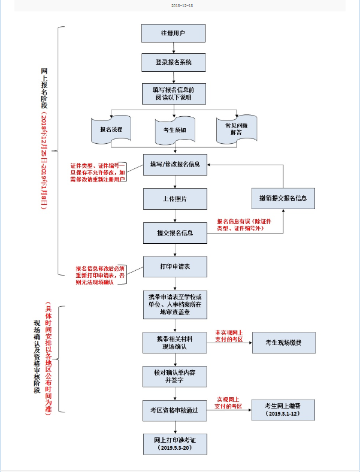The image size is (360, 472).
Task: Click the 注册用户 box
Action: [173, 33]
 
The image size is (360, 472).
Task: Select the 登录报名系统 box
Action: [173, 62]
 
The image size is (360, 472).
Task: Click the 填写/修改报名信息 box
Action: [175, 164]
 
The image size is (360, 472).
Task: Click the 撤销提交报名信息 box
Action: [283, 198]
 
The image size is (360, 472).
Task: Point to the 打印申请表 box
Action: [175, 267]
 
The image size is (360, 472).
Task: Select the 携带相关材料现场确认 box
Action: [175, 343]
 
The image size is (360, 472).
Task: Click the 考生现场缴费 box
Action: [283, 342]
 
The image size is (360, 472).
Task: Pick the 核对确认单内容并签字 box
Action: [175, 376]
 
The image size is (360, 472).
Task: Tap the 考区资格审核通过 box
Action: [175, 410]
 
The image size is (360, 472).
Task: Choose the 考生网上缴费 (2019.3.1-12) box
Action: [283, 409]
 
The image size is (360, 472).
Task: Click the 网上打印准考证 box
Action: [175, 443]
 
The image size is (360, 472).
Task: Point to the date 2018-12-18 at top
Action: [180, 5]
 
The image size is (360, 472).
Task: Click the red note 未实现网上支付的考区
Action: [229, 336]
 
